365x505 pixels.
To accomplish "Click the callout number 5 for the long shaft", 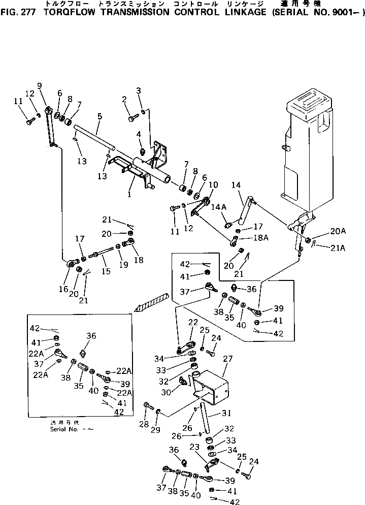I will click(99, 116).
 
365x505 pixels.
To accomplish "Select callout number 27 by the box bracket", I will click(227, 359).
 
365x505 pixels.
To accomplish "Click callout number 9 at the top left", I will click(40, 85).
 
